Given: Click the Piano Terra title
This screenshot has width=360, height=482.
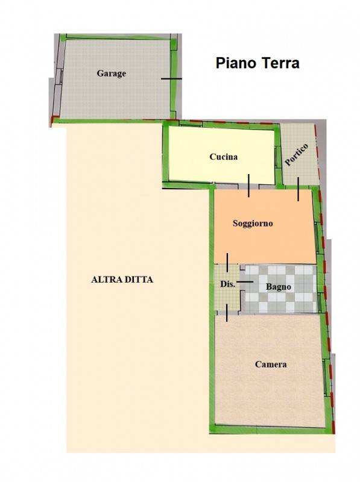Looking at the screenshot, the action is click(257, 63).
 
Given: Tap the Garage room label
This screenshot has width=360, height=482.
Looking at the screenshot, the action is click(112, 74).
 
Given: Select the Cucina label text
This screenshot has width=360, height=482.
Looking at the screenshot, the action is click(223, 157).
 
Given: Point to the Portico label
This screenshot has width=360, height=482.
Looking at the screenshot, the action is click(296, 155).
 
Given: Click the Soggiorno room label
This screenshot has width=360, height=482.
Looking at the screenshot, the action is click(253, 224).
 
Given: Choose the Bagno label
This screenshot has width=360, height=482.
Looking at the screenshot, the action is click(278, 287).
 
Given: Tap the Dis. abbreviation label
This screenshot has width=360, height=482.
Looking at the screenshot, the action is click(228, 284).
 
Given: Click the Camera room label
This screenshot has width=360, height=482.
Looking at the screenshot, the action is click(271, 365).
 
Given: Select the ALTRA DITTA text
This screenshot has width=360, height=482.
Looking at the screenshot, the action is click(122, 280).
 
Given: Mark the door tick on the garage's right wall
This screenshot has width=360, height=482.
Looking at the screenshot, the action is click(171, 79).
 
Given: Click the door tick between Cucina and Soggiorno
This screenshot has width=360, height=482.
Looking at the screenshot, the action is click(248, 186).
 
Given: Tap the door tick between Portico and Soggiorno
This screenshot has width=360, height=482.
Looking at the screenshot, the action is click(298, 189).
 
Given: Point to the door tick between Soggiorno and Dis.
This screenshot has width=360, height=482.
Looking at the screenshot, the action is click(227, 263).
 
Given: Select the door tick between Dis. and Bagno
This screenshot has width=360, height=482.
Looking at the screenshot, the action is click(245, 281).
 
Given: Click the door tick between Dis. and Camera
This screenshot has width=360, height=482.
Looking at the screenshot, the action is click(227, 313).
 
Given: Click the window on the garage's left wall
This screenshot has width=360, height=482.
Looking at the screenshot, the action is click(61, 77).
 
